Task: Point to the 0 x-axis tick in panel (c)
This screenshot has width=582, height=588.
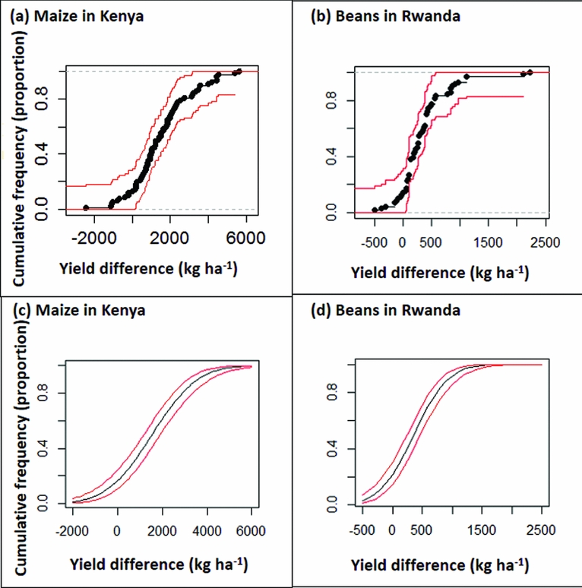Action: coord(117,531)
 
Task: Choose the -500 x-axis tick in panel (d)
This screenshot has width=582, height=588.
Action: coord(364,531)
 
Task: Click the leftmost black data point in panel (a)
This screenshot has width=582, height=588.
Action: coord(86,207)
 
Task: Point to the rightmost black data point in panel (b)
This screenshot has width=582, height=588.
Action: coord(530,72)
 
